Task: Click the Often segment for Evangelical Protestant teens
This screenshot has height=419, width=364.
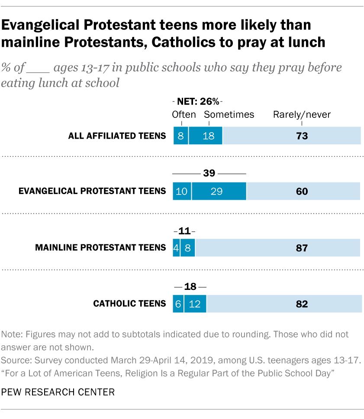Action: point(182,191)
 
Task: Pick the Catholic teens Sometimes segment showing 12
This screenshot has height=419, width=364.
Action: point(195,304)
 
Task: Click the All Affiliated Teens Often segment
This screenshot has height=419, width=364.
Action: point(180,136)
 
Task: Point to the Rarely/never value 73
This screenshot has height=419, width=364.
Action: point(302,136)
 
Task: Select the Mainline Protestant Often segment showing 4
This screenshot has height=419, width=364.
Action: point(176,248)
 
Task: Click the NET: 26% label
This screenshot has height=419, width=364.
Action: point(197,103)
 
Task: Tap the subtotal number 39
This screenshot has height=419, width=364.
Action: point(209,173)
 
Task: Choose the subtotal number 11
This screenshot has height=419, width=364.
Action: point(184,230)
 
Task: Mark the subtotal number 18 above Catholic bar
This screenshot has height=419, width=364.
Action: point(190,286)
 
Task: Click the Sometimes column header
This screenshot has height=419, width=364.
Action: point(229,114)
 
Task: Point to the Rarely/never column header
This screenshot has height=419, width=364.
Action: point(302,114)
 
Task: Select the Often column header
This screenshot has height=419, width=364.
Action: point(184,114)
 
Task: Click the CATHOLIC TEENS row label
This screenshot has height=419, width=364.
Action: point(129,304)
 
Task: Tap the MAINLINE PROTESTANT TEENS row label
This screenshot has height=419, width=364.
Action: point(100,248)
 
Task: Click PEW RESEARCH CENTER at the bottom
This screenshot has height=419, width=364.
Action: point(58,392)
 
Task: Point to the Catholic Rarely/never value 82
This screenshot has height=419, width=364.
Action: point(302,304)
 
